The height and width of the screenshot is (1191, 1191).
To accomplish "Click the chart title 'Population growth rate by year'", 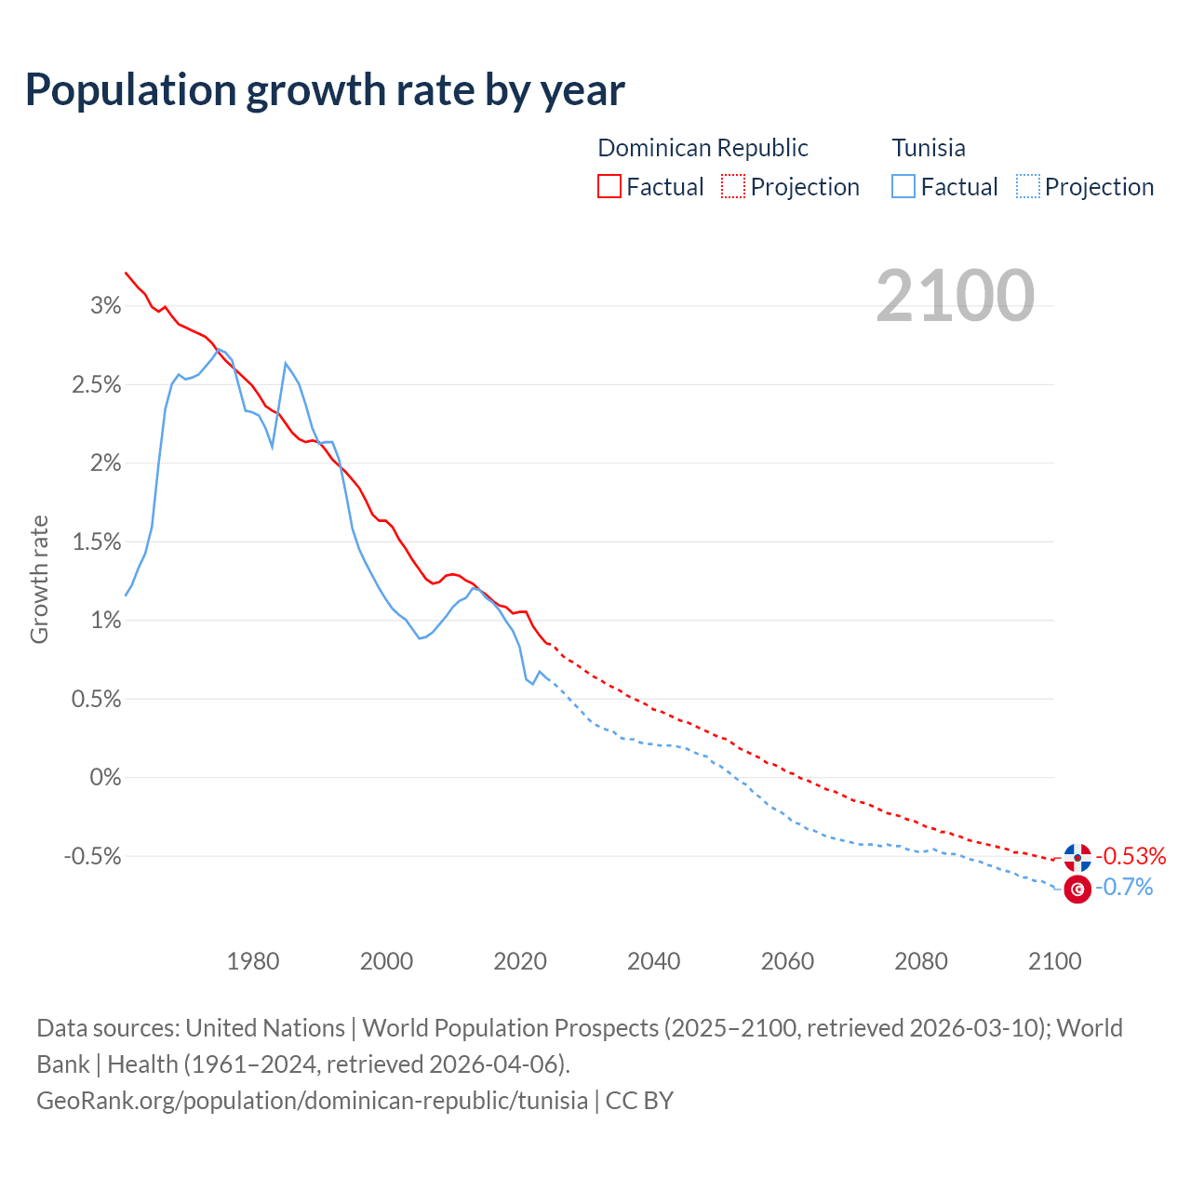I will click(325, 90).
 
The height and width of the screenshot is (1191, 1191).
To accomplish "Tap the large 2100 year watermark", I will click(955, 296).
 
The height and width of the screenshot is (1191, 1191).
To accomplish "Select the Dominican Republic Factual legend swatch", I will click(609, 186).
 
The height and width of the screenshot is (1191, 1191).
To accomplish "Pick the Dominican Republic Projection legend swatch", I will click(733, 186).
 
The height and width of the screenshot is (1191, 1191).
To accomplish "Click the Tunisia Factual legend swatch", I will click(903, 186).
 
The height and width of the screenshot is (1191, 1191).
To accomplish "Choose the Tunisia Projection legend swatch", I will click(1028, 186).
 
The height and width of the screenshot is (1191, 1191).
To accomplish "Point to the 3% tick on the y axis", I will click(106, 306).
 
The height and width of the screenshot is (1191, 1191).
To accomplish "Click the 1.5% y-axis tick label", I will click(97, 542).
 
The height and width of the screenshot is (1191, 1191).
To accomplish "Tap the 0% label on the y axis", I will click(105, 777).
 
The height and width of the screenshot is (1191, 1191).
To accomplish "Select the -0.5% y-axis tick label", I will click(93, 856).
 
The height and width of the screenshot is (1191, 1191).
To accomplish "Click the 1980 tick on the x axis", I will click(253, 961).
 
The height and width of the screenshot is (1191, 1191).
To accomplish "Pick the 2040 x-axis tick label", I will click(654, 961).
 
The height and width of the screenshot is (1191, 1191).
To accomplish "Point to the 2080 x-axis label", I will click(921, 961).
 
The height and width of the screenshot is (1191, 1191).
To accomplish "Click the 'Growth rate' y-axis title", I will click(39, 579).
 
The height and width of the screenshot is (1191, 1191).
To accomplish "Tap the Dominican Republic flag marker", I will click(1077, 857).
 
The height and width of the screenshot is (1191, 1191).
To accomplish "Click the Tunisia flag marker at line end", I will click(1077, 890).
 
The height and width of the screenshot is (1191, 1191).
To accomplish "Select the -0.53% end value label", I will click(1131, 856).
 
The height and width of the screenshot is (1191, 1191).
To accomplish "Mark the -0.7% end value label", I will click(1124, 888).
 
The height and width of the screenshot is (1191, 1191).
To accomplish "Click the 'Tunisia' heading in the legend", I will click(929, 148).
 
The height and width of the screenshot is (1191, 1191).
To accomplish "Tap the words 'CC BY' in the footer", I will click(639, 1101).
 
